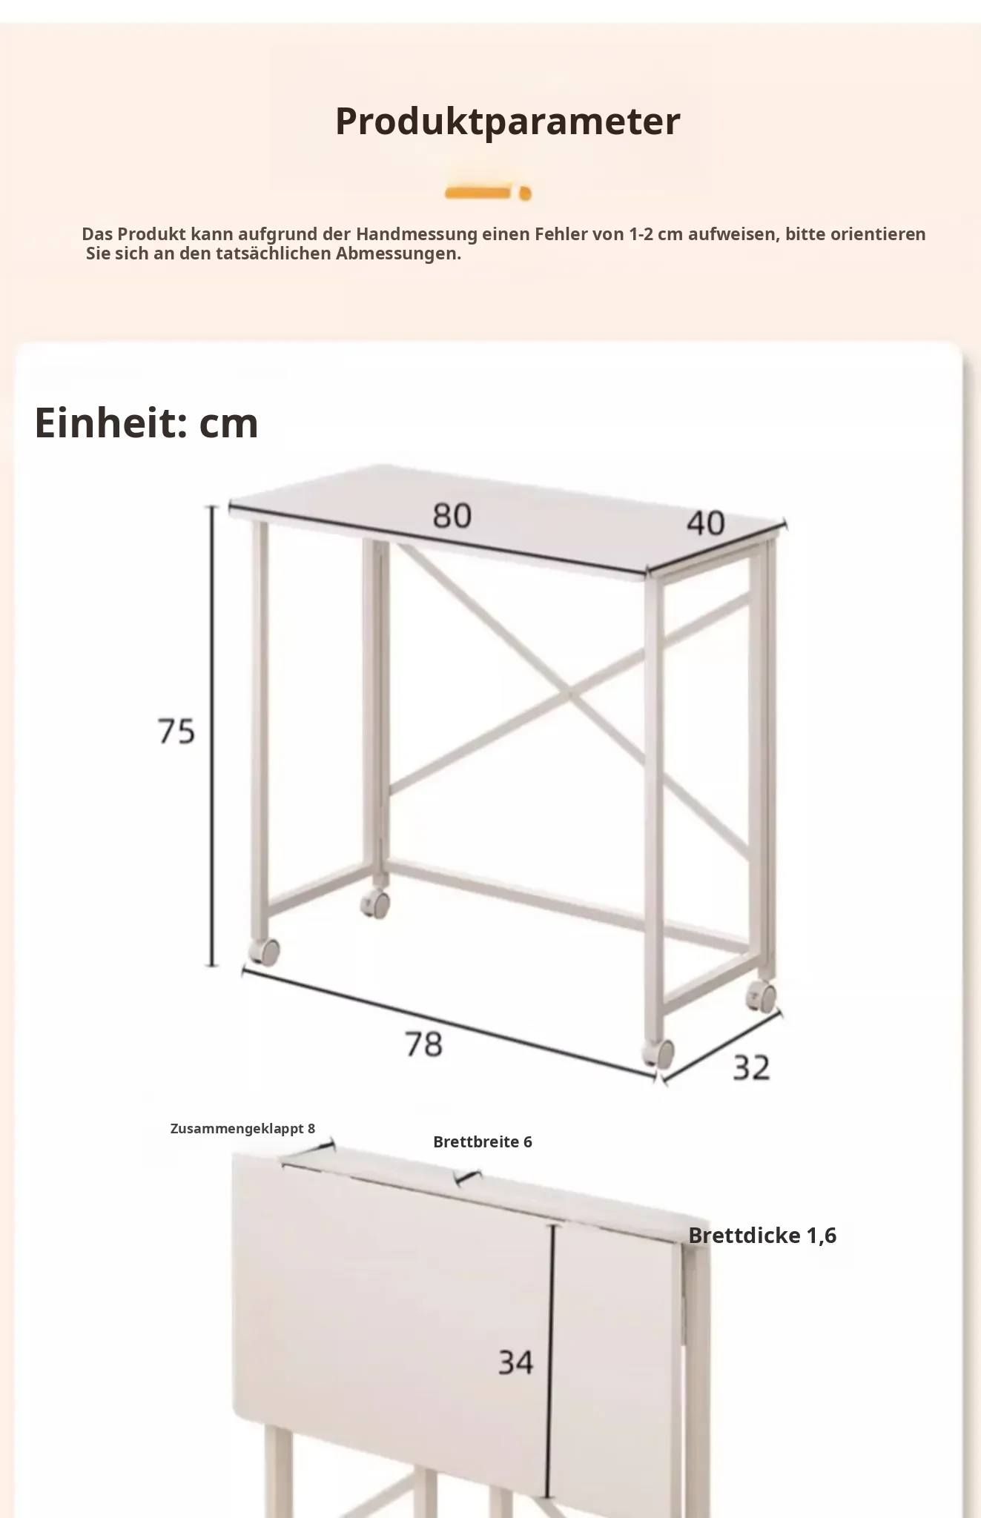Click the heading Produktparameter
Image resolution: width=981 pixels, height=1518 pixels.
pyautogui.click(x=507, y=122)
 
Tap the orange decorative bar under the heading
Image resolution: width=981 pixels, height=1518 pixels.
pyautogui.click(x=488, y=193)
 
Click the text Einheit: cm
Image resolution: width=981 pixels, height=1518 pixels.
pyautogui.click(x=146, y=422)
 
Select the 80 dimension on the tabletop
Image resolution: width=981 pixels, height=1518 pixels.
pyautogui.click(x=452, y=515)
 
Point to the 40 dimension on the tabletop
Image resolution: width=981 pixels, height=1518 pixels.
pyautogui.click(x=705, y=523)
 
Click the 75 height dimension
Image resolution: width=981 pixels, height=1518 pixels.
pyautogui.click(x=176, y=731)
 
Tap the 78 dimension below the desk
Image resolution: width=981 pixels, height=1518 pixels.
pyautogui.click(x=423, y=1044)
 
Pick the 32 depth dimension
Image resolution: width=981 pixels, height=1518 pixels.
pyautogui.click(x=751, y=1067)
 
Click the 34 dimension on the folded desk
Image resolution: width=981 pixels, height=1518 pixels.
pyautogui.click(x=515, y=1362)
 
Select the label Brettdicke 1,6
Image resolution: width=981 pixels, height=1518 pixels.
pyautogui.click(x=762, y=1235)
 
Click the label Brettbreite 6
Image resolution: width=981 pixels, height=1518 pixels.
pyautogui.click(x=483, y=1141)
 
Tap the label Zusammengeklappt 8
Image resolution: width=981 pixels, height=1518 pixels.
pyautogui.click(x=242, y=1128)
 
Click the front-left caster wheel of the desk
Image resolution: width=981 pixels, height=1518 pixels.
pyautogui.click(x=264, y=951)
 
